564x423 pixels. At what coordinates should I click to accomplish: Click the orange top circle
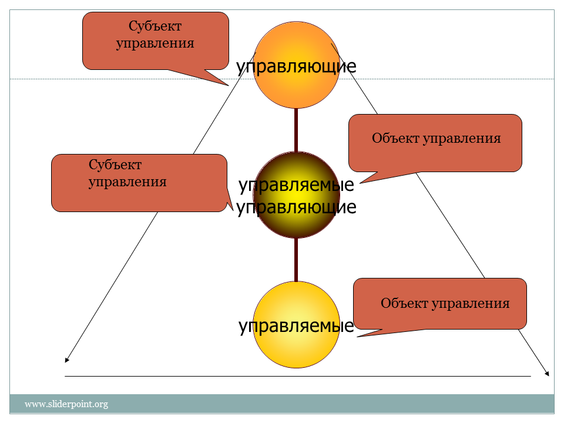coord(296,65)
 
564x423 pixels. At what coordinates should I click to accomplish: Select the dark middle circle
coord(296,194)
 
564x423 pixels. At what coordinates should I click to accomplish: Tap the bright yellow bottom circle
coord(296,324)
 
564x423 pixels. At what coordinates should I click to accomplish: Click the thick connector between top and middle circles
coord(296,130)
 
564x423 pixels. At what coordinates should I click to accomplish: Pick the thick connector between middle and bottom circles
coord(296,260)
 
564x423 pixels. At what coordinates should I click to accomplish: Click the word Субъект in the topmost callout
coord(155,26)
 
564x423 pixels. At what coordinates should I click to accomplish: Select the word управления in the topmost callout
coord(155,43)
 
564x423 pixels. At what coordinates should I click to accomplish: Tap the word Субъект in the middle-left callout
coord(115,164)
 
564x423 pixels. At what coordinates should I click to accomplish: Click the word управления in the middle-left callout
coord(127,182)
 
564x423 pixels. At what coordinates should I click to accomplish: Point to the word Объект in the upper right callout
coord(395,138)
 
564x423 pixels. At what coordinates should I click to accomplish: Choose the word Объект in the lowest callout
coord(404,303)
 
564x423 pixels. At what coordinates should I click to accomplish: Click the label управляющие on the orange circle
coord(296,66)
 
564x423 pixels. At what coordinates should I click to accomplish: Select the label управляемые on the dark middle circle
coord(296,185)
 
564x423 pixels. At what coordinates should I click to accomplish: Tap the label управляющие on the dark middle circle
coord(296,207)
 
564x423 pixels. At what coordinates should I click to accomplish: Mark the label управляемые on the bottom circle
coord(296,326)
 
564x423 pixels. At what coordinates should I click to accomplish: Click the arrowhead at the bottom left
coord(66,360)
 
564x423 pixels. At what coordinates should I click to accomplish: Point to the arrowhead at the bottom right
coord(547,374)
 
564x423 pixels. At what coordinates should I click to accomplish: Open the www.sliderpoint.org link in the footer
coord(66,404)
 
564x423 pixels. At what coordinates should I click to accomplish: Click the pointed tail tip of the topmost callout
coord(229,86)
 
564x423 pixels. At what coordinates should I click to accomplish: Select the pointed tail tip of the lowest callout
coord(357,337)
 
